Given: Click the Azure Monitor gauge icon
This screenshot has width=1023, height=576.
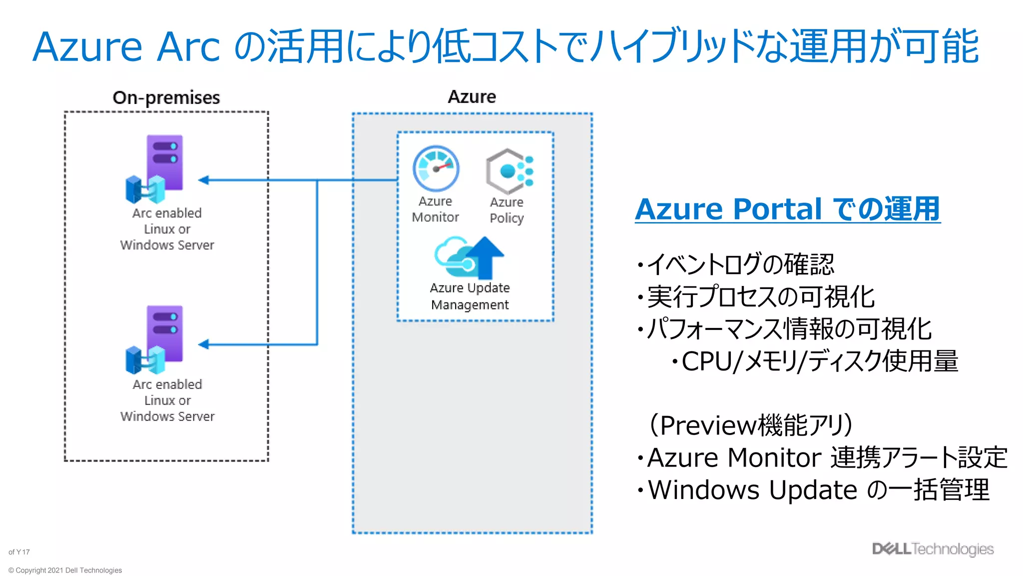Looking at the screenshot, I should (x=436, y=169).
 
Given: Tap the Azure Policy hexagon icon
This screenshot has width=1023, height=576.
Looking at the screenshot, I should (x=509, y=171).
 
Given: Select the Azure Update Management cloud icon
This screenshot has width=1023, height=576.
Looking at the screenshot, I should (x=469, y=257).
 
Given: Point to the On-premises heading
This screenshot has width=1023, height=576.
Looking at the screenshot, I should (x=166, y=97).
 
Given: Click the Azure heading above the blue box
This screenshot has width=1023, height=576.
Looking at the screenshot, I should (x=472, y=96).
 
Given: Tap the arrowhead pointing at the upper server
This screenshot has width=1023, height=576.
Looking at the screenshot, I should (x=204, y=180).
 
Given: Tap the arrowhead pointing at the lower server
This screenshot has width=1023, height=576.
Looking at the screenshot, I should (x=204, y=344).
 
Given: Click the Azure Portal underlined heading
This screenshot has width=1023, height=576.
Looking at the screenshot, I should (x=787, y=209).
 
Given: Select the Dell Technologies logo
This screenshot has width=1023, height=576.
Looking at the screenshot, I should (x=933, y=549).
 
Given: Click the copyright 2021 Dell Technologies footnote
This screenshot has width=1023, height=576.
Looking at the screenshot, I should (x=65, y=570).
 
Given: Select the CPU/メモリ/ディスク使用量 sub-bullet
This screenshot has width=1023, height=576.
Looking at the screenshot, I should (x=819, y=361).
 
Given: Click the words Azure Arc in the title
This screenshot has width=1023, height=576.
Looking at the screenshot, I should (x=126, y=47).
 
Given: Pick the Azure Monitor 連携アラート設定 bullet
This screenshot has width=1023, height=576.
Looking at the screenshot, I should (x=826, y=457).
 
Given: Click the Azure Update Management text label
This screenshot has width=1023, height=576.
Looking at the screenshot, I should (x=470, y=296).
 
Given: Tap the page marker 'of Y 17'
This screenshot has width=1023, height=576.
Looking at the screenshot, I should (x=19, y=552).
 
